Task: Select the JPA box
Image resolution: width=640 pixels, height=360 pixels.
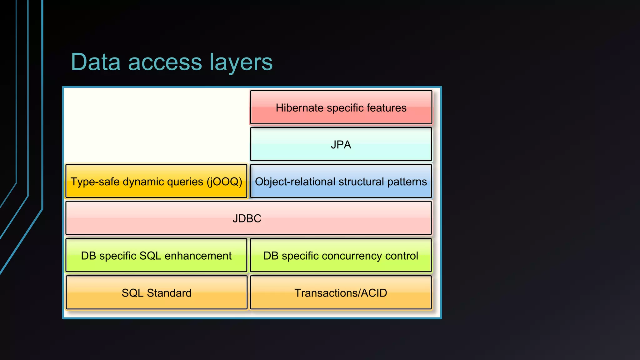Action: (x=341, y=144)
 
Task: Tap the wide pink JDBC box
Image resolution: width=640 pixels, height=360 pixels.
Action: (x=248, y=218)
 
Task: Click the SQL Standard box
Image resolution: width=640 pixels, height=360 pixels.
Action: (x=156, y=293)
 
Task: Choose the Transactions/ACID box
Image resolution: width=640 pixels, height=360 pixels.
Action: (x=341, y=293)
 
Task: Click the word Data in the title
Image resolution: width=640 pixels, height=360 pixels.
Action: (x=96, y=62)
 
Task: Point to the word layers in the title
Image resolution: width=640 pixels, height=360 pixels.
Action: (x=241, y=62)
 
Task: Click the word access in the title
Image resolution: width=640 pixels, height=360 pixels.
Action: (x=165, y=62)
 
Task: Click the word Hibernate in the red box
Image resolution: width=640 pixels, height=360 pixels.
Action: (x=299, y=108)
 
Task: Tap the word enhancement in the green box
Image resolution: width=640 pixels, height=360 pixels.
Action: (x=198, y=256)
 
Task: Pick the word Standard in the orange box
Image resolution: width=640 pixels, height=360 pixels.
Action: (x=169, y=293)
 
